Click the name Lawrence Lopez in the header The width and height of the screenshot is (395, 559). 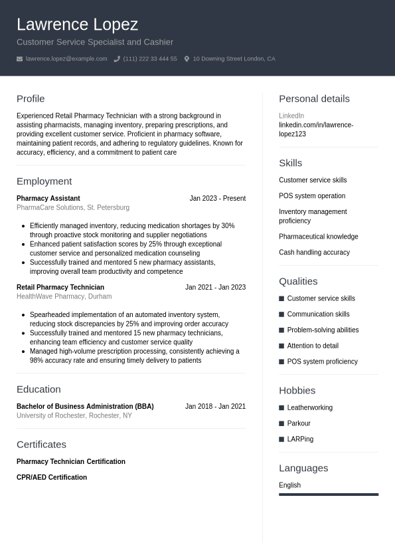pos(77,25)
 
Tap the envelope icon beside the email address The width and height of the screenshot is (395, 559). pos(19,59)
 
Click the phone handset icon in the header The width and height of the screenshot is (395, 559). pos(117,59)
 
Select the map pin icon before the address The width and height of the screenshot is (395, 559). pos(187,59)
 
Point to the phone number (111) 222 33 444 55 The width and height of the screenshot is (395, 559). pos(150,59)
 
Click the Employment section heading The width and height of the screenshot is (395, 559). pos(44,181)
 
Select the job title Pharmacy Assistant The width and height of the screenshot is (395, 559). pos(48,198)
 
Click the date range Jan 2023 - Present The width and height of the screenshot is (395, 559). pos(217,198)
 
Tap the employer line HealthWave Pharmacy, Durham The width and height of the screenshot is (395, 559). pos(64,296)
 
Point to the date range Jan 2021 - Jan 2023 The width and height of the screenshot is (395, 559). pos(215,287)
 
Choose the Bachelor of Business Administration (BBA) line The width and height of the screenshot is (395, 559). pos(85,406)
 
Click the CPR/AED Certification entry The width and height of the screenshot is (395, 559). pos(52,477)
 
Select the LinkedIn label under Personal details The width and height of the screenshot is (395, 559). pos(291,116)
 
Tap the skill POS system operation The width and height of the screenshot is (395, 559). pos(312,196)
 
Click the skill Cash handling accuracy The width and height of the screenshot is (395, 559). pos(314,253)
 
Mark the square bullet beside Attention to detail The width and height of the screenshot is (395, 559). pos(281,346)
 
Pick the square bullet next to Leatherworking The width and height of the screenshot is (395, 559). pos(281,408)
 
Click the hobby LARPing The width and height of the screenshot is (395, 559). pos(300,439)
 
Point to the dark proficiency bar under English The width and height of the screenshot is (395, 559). pos(329,495)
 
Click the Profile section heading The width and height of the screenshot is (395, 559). pos(31,98)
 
